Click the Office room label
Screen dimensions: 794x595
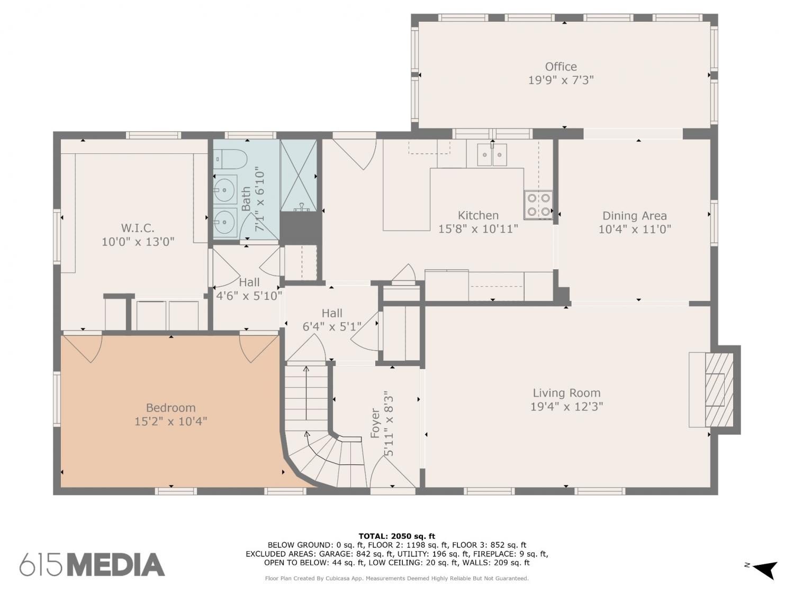(x=561, y=67)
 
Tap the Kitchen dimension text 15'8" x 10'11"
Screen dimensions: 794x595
(x=478, y=228)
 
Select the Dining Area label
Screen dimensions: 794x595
(x=635, y=216)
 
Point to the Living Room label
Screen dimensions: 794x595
(x=566, y=392)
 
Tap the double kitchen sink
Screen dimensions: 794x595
(x=492, y=154)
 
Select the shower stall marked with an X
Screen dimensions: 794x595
(x=299, y=176)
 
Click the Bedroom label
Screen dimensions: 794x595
(x=171, y=407)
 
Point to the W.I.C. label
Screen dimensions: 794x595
(x=138, y=228)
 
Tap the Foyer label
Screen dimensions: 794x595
(x=375, y=423)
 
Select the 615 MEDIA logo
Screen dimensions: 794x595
(x=92, y=564)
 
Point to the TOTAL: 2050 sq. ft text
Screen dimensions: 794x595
(x=397, y=536)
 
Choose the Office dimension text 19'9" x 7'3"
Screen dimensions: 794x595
(x=561, y=80)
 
